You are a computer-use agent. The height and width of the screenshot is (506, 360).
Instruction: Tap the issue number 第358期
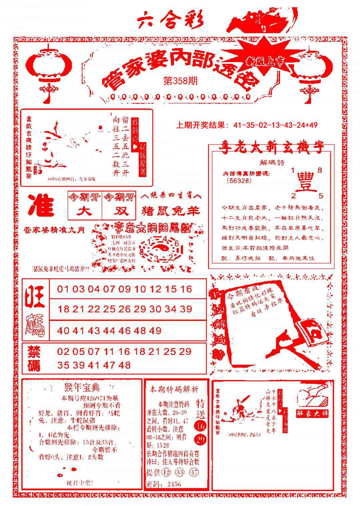click(x=180, y=81)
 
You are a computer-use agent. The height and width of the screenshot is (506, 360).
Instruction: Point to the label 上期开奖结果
click(x=202, y=125)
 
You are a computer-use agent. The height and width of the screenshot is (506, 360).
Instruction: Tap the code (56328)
click(x=239, y=180)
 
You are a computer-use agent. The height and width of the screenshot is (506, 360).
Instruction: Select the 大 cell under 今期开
click(x=85, y=211)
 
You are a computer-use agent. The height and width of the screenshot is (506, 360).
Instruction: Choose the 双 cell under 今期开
click(x=119, y=211)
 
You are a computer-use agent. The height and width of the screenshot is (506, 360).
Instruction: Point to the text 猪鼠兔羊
click(x=171, y=211)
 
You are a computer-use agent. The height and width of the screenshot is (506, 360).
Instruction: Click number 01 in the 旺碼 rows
click(x=64, y=289)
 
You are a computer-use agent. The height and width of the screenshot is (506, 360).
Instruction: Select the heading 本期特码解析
click(x=174, y=389)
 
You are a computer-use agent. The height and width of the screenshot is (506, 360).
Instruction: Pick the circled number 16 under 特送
click(x=200, y=426)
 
